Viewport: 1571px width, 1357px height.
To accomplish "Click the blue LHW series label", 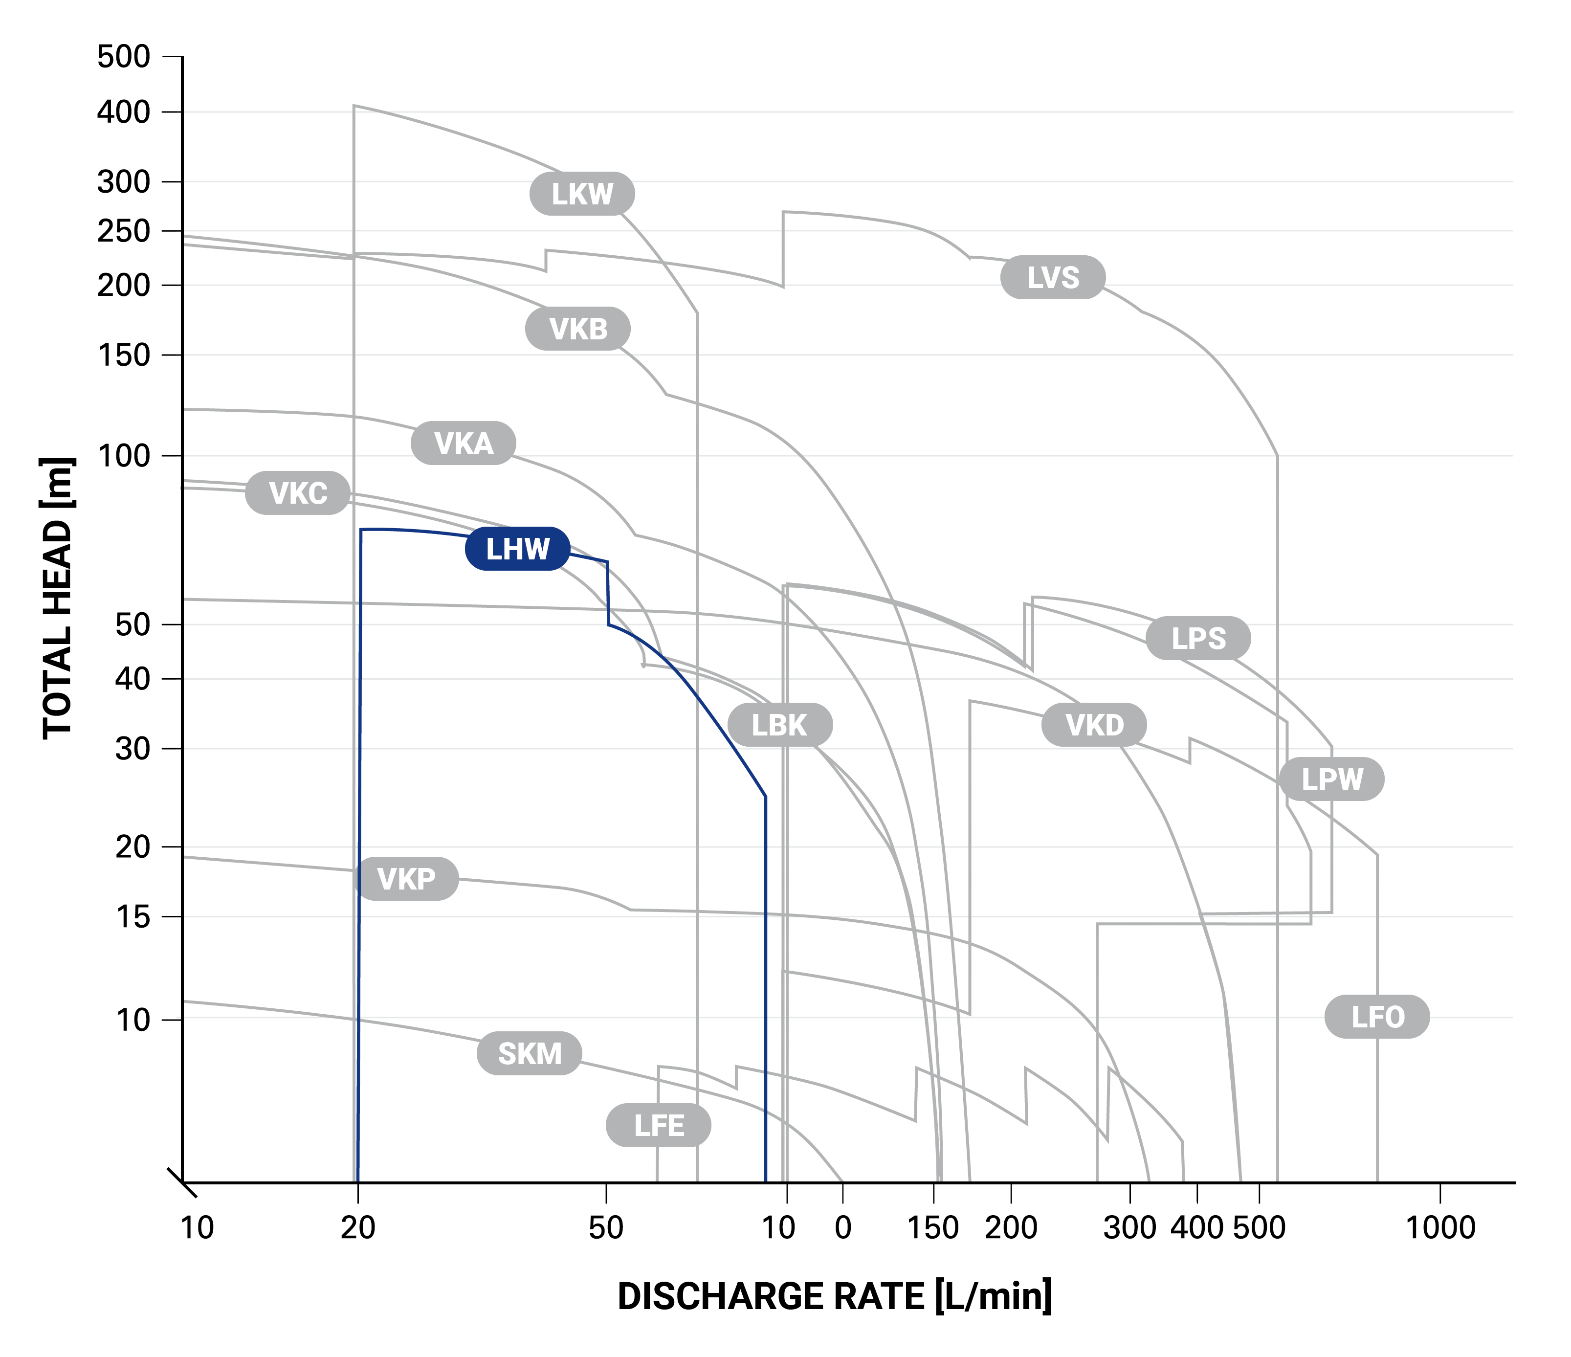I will [x=517, y=549].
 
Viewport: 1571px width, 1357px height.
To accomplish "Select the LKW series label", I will [x=581, y=194].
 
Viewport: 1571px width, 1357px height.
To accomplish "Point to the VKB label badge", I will [x=578, y=329].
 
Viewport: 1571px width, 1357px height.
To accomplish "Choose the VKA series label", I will [x=463, y=443].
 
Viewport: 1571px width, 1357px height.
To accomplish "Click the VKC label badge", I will [x=298, y=493].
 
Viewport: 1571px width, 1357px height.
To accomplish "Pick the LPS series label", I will [x=1198, y=638].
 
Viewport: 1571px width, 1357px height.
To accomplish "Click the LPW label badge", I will [x=1331, y=779].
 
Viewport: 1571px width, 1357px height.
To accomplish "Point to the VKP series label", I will [x=406, y=879].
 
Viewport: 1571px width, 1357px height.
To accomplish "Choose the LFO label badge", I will [x=1377, y=1017].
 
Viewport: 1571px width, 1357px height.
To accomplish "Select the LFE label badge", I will [x=658, y=1126].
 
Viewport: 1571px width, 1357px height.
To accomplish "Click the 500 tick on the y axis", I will [x=124, y=57].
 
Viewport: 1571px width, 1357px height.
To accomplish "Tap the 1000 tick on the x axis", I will [x=1440, y=1227].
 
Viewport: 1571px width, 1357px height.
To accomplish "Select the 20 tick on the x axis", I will [x=358, y=1227].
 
